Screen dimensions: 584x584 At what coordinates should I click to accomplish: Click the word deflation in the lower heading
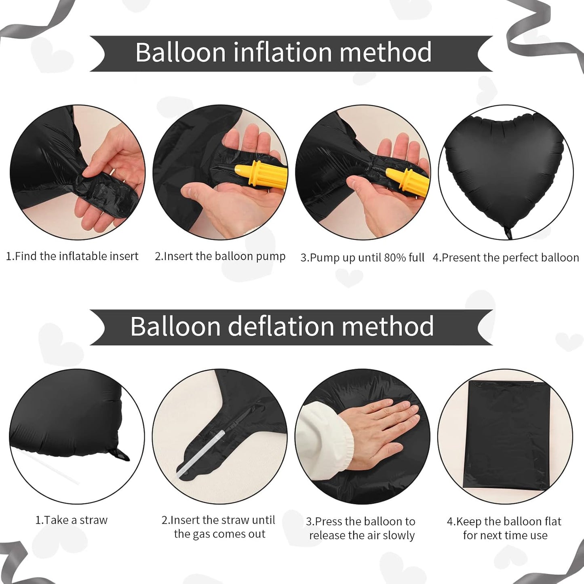(281, 326)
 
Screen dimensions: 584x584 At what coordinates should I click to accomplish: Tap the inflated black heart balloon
(504, 170)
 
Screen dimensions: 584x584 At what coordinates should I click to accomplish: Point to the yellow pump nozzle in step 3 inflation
(408, 182)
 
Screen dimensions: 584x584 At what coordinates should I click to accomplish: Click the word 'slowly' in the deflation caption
(398, 536)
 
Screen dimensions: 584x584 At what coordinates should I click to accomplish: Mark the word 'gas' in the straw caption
(201, 534)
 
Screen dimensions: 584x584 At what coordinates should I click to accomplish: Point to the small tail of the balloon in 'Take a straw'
(121, 455)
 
